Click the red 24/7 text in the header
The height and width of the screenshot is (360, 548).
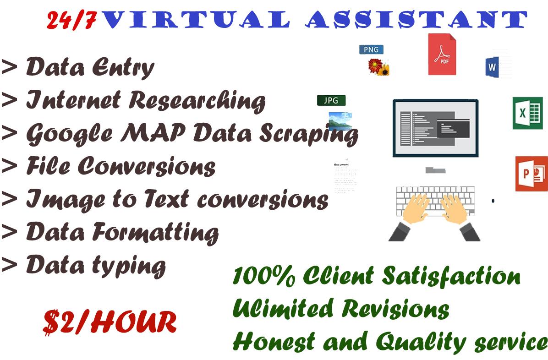click(71, 21)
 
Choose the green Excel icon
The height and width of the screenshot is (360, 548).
click(527, 113)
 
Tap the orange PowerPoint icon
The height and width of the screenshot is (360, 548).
click(531, 174)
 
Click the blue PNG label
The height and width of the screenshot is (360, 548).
click(371, 49)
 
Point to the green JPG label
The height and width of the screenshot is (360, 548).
click(331, 100)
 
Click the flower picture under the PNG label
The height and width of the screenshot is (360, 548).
click(379, 66)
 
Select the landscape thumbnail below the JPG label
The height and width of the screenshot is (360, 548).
click(340, 120)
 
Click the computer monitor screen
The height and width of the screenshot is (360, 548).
click(435, 127)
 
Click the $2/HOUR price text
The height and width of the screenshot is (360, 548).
click(110, 322)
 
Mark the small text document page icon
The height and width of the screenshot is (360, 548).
click(345, 176)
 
